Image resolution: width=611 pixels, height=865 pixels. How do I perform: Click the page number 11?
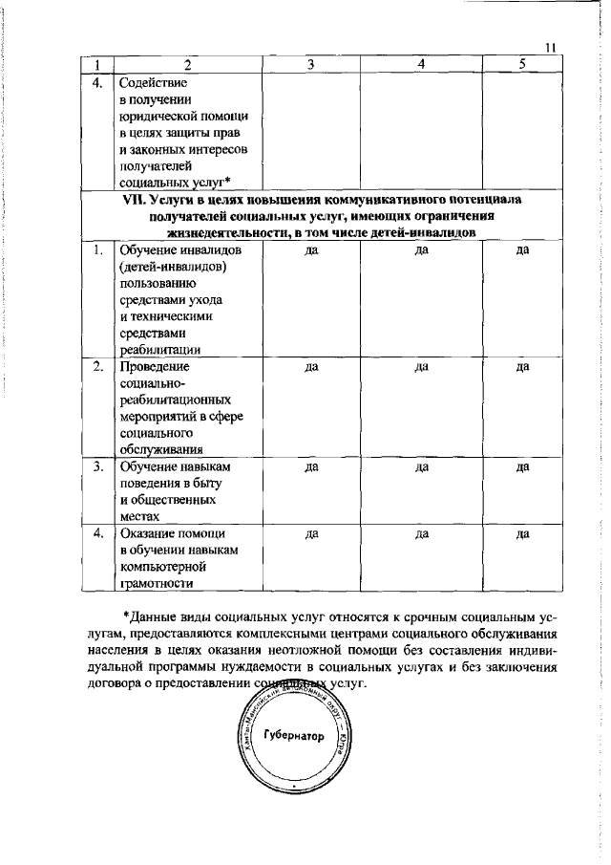pos(552,48)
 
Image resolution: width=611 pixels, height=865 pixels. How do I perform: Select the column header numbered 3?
pos(311,64)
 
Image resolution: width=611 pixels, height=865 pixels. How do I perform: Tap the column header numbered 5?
pos(521,64)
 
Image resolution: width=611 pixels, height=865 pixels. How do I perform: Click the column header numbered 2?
pos(187,64)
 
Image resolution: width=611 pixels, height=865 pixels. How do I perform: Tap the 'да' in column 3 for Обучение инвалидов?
pos(311,250)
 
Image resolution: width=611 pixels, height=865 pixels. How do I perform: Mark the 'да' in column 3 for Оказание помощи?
pos(311,534)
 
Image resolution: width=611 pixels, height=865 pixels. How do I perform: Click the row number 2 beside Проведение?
pos(97,366)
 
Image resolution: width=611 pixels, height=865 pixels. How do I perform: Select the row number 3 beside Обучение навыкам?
pos(97,467)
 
